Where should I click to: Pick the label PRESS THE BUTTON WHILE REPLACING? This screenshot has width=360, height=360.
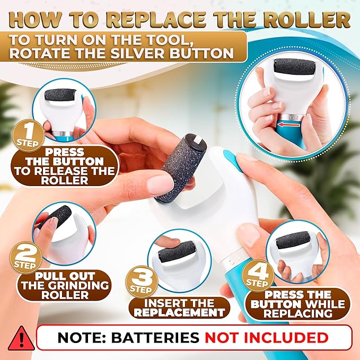tap(305, 304)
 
